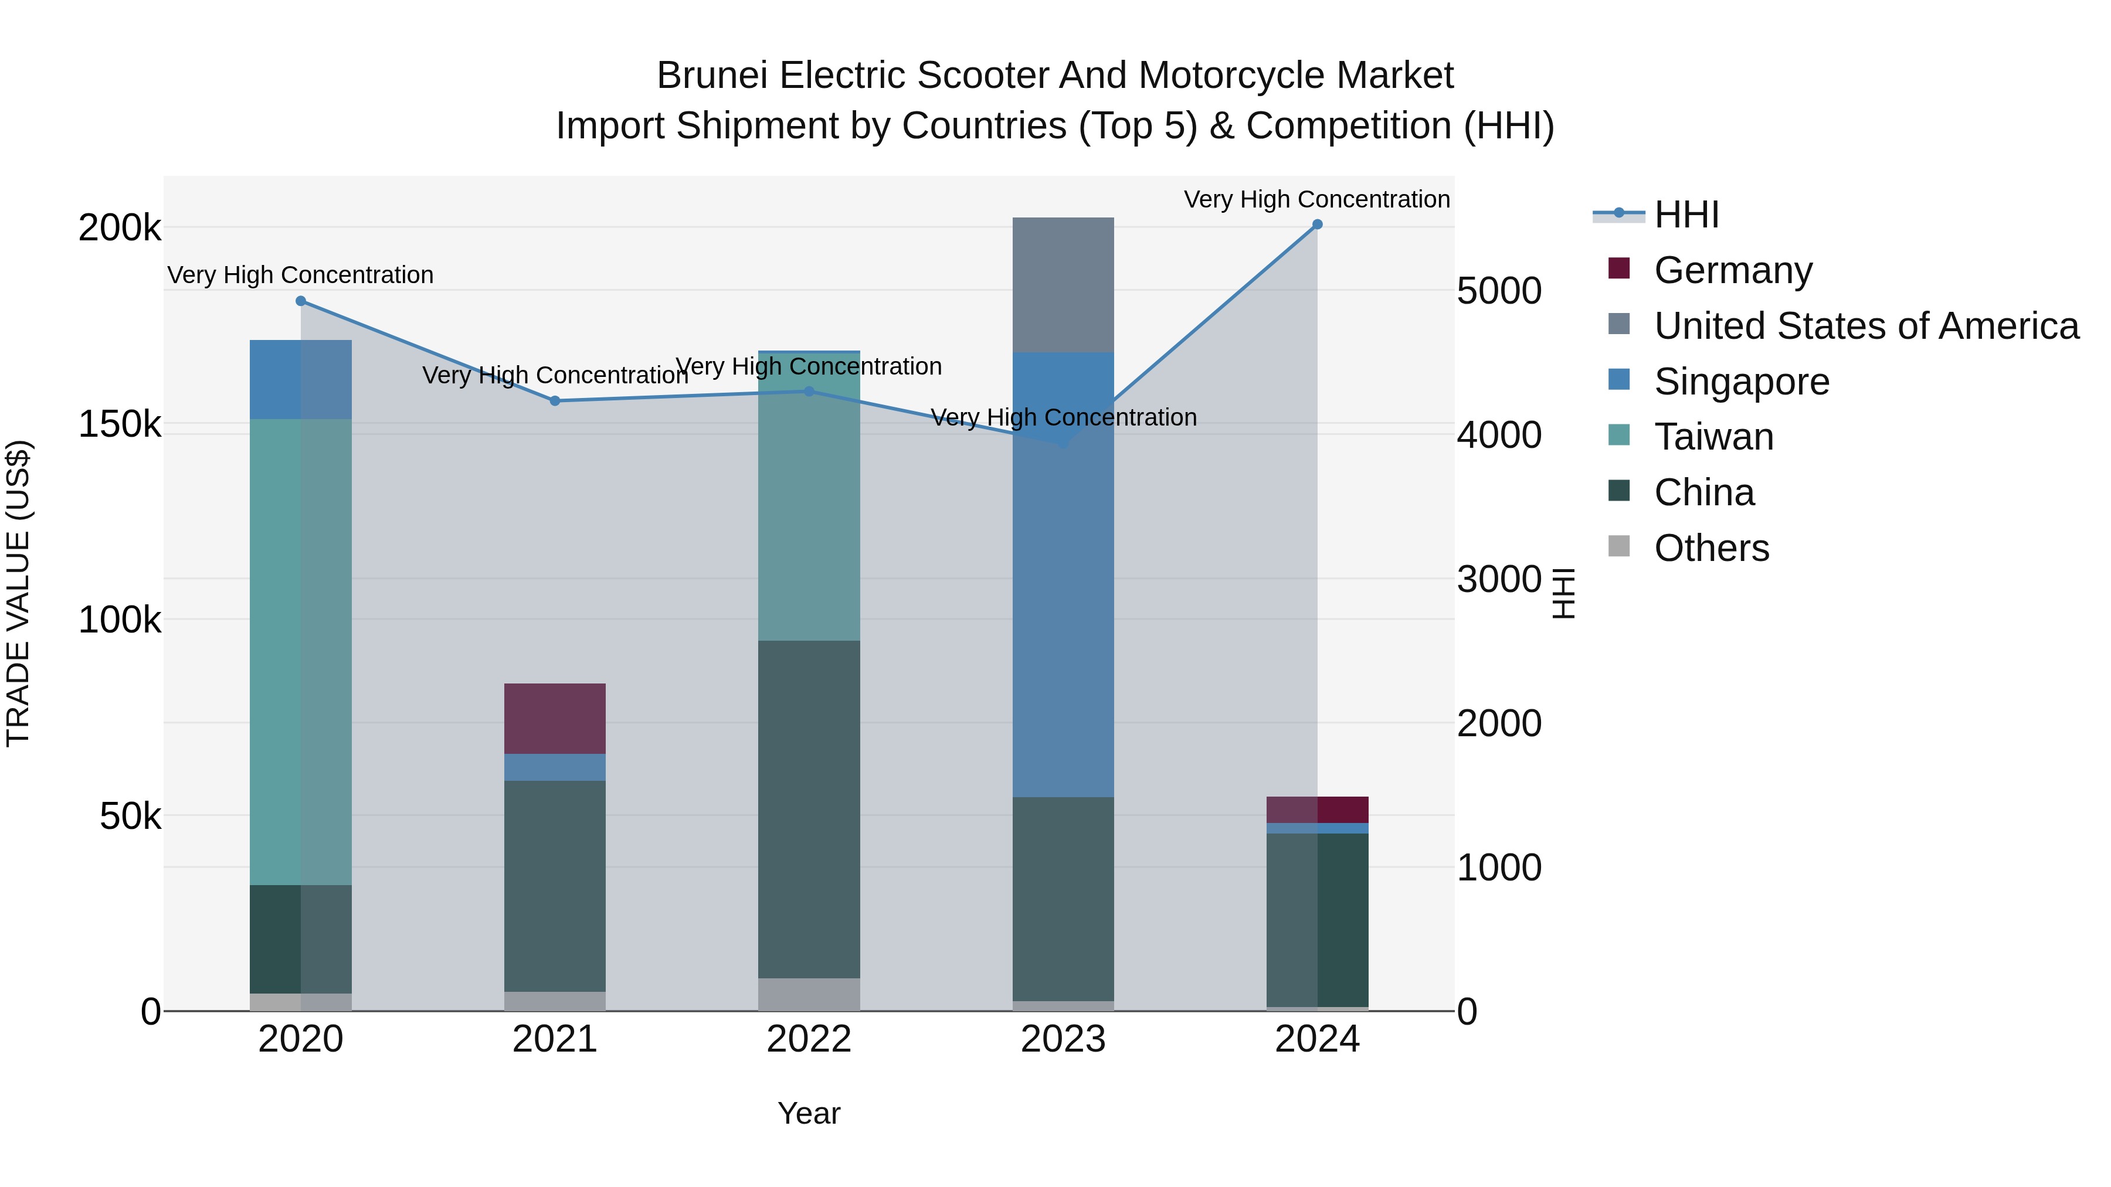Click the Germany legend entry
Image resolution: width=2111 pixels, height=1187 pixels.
(x=1732, y=270)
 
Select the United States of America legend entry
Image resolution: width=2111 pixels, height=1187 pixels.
(x=1866, y=326)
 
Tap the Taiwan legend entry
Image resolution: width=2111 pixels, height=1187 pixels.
(x=1713, y=437)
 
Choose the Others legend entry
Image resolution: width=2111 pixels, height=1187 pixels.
(x=1711, y=548)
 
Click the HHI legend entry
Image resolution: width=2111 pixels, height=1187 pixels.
(x=1686, y=215)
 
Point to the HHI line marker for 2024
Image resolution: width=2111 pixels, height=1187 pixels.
(x=1317, y=225)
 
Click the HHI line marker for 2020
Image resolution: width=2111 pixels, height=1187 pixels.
(x=301, y=301)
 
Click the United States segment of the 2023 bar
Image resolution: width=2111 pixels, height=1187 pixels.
(x=1063, y=284)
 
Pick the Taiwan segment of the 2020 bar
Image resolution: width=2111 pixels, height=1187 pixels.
(x=301, y=651)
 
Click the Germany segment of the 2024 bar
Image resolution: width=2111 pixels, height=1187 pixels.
(x=1317, y=810)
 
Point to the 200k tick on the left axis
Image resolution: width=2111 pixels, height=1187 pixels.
(x=120, y=228)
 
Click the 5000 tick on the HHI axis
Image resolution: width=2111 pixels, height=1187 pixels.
(x=1499, y=291)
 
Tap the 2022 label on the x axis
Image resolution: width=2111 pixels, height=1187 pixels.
(x=809, y=1039)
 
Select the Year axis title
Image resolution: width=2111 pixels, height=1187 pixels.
(x=809, y=1113)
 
